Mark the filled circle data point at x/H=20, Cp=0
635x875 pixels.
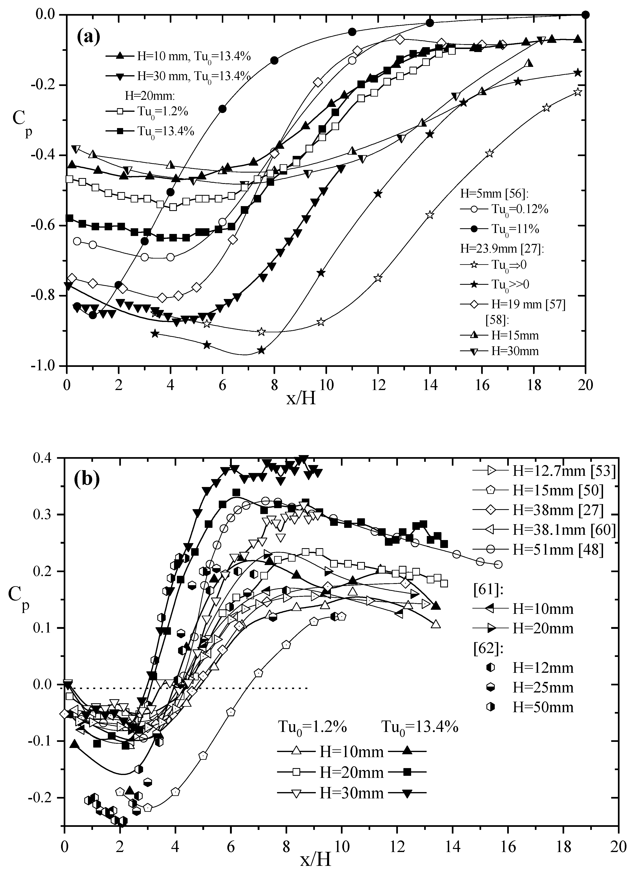[x=586, y=15]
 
